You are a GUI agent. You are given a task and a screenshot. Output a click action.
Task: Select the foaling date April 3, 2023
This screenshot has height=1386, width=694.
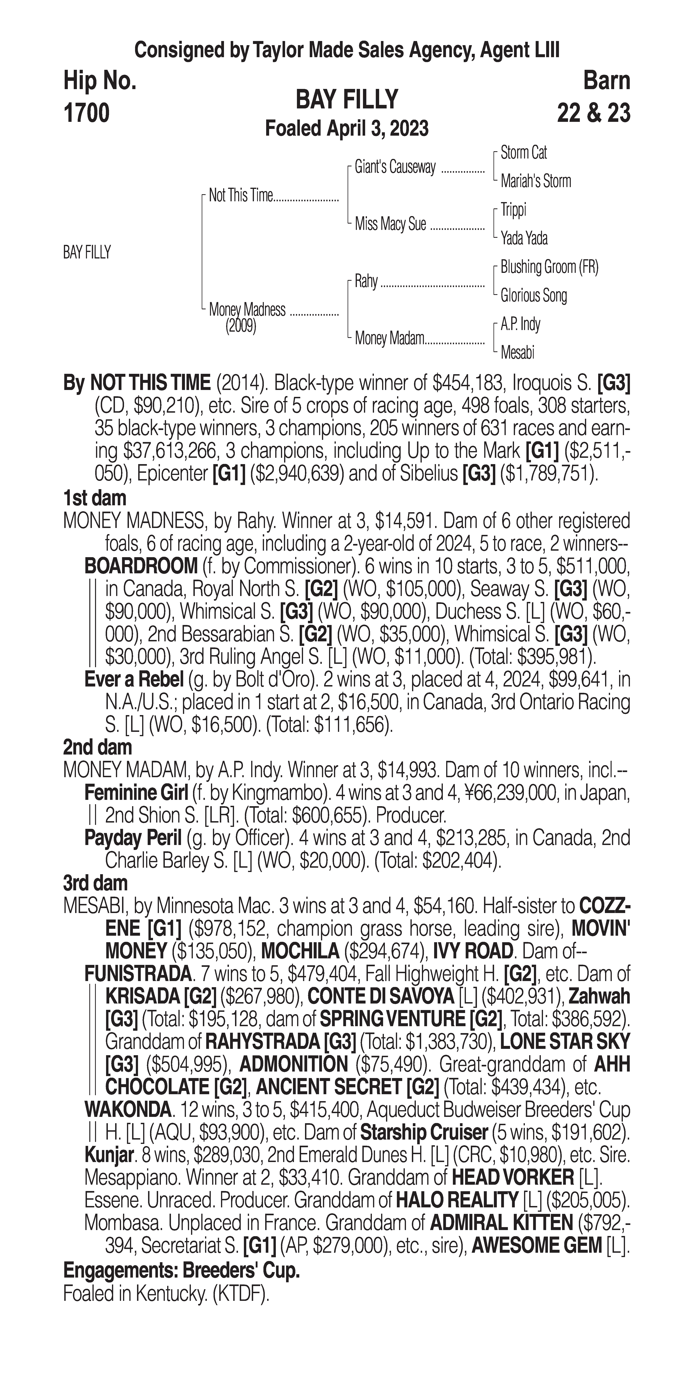[347, 129]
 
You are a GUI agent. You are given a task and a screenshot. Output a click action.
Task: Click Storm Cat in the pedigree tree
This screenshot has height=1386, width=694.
[523, 153]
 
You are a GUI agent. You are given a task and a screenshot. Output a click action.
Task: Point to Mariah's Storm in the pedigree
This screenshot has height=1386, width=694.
[535, 181]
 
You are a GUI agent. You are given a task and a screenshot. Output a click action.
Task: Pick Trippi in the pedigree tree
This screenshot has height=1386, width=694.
[513, 210]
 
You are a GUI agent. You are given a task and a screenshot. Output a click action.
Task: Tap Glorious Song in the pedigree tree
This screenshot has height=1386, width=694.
[533, 295]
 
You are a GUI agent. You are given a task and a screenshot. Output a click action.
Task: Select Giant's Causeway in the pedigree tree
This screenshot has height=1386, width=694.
[395, 167]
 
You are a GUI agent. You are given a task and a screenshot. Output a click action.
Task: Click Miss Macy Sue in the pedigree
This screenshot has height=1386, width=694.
[390, 224]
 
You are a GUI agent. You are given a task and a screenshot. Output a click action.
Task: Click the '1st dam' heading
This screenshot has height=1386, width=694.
[95, 498]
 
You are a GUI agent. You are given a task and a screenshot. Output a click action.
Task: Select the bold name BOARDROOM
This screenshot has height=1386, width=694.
[141, 566]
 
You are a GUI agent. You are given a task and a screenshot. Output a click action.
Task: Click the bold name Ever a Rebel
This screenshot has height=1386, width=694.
[134, 680]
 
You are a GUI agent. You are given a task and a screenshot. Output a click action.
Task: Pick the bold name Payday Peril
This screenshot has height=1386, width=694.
[133, 838]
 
